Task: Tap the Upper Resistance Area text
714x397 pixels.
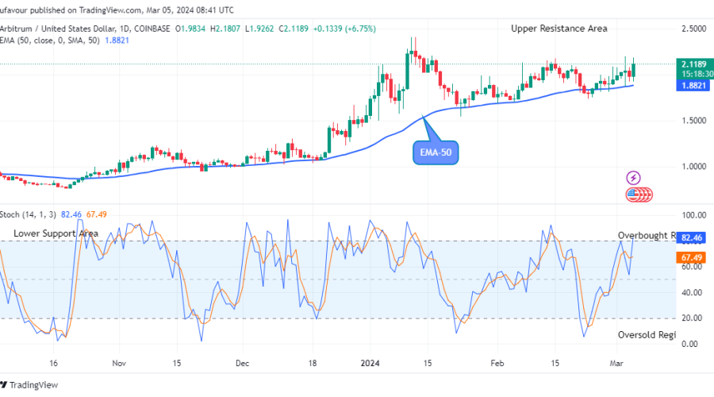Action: (559, 29)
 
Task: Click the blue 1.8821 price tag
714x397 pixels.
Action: (693, 85)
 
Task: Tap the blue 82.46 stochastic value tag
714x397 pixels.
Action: (695, 237)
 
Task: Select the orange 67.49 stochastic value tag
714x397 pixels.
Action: (695, 257)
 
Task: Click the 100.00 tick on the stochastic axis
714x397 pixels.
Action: (694, 215)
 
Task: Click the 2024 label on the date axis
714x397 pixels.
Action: (372, 363)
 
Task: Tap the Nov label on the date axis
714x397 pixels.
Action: (119, 363)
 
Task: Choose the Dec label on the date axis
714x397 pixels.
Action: (242, 363)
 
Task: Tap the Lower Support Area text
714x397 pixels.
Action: (56, 233)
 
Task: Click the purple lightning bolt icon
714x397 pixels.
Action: (634, 177)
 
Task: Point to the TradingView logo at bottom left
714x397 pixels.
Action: (31, 385)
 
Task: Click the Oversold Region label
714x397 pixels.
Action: (647, 335)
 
